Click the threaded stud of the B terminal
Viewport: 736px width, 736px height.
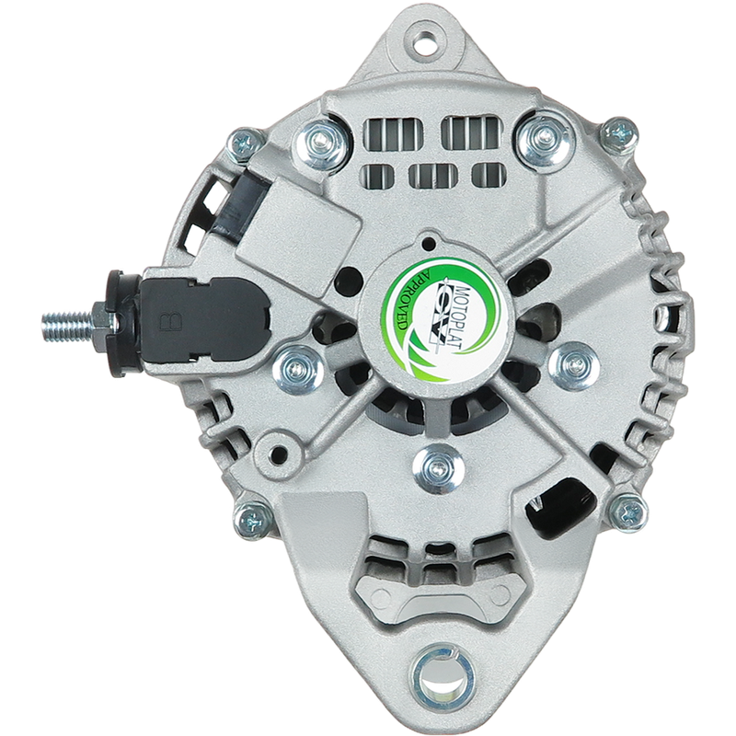pyautogui.click(x=68, y=325)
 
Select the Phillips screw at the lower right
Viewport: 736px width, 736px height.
pyautogui.click(x=628, y=512)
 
